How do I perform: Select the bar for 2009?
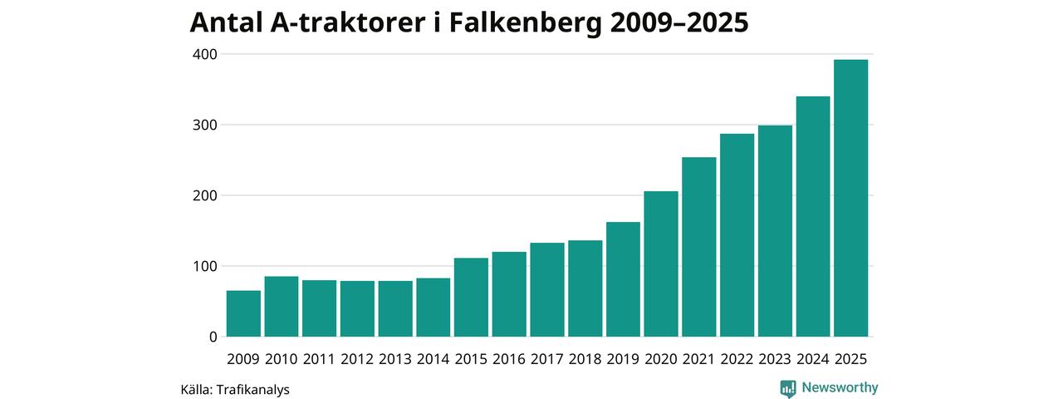(243, 313)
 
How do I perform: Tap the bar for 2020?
(661, 264)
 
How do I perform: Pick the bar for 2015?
(471, 297)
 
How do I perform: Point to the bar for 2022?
(737, 235)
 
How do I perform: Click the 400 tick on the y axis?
(205, 54)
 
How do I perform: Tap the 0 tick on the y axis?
(213, 337)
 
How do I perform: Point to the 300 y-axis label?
(205, 125)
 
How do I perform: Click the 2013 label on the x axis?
(395, 359)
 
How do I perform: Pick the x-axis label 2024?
(813, 359)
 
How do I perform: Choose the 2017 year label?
(547, 359)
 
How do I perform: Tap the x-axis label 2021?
(699, 359)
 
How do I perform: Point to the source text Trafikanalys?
(252, 389)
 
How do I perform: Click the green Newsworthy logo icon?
(788, 388)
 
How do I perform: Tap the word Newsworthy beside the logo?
(840, 387)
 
